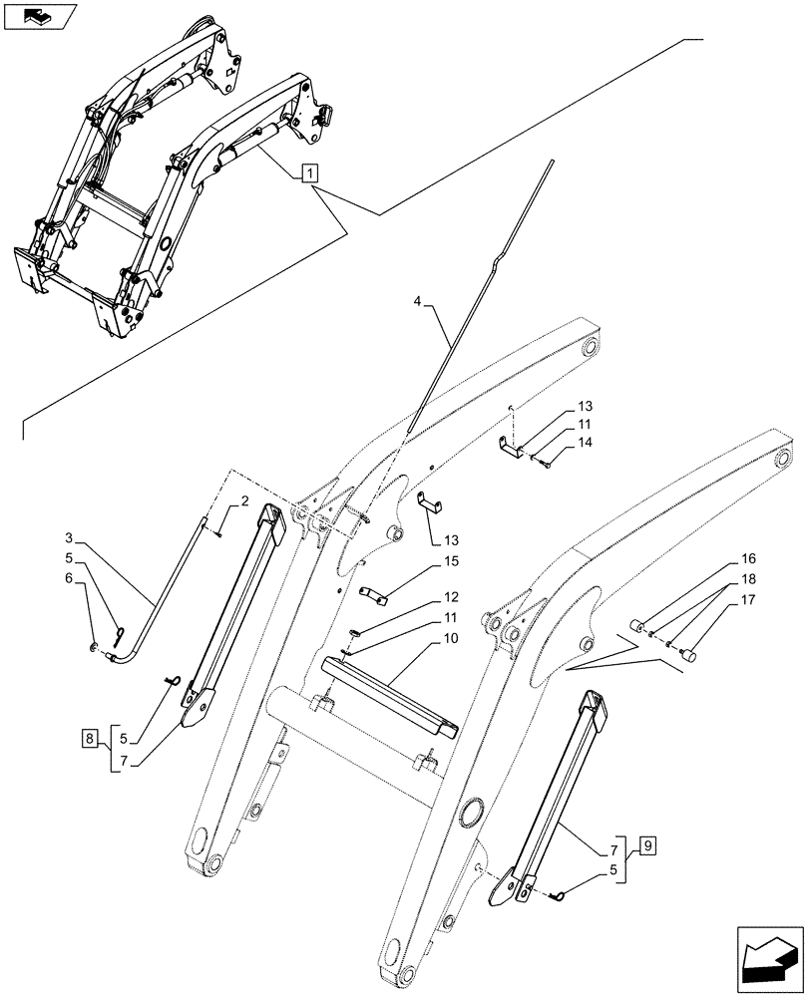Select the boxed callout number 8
(x=90, y=739)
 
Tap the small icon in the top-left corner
(x=40, y=16)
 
